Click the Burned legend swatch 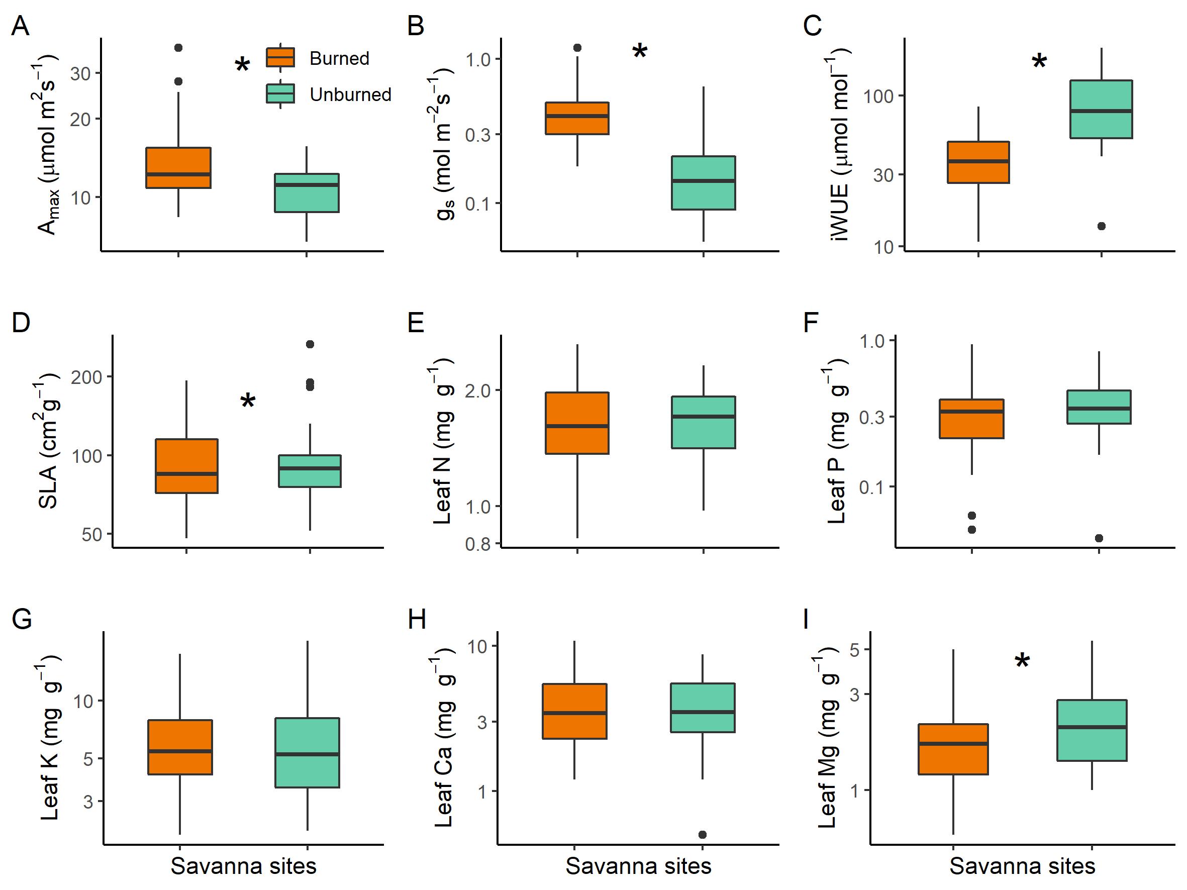[x=280, y=57]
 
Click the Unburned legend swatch [x=280, y=94]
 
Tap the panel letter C [x=813, y=26]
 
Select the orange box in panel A [x=178, y=167]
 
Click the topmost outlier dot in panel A [x=178, y=48]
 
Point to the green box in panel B [x=703, y=183]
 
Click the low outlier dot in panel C [x=1101, y=226]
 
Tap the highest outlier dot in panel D [x=310, y=344]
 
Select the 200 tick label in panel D [x=86, y=377]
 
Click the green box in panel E [x=703, y=422]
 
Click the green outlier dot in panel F [x=1099, y=538]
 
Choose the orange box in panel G [x=180, y=747]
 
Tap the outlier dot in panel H [x=703, y=834]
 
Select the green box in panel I [x=1092, y=730]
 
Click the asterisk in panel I [x=1022, y=661]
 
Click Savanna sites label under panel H [x=638, y=866]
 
